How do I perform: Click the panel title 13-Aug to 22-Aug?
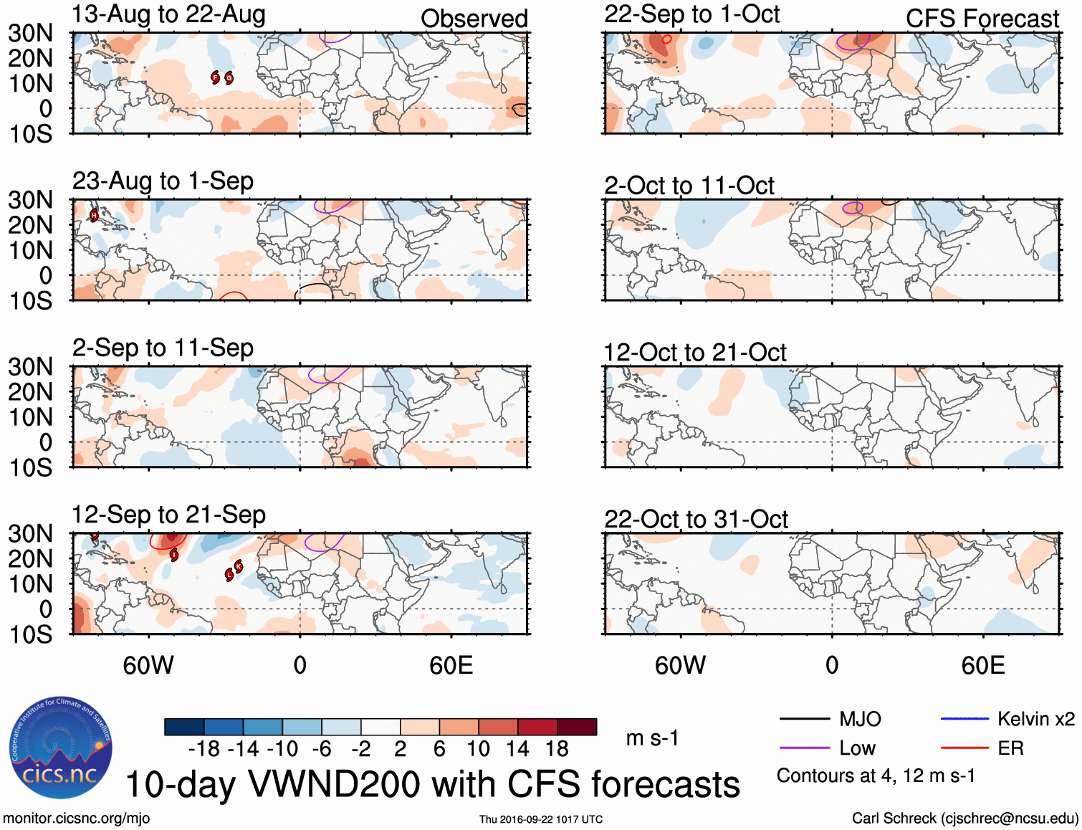click(168, 14)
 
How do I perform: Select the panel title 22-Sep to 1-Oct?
click(691, 14)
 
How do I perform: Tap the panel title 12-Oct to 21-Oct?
click(694, 353)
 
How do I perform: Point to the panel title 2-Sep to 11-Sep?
click(163, 348)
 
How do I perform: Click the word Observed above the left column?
click(474, 19)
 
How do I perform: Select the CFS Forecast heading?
click(982, 19)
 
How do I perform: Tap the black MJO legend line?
click(804, 719)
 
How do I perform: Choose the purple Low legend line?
click(804, 748)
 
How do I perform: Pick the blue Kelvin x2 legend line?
click(964, 719)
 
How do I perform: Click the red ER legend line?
click(964, 748)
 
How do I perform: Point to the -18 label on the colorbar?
click(204, 749)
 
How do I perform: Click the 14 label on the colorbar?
click(517, 749)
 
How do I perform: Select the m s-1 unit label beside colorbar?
click(652, 738)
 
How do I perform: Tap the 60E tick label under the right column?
click(982, 666)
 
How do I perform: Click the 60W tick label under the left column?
click(148, 666)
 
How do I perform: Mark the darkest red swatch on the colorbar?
click(577, 727)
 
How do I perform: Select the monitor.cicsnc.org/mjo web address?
click(77, 819)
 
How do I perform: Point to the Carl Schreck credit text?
click(964, 819)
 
